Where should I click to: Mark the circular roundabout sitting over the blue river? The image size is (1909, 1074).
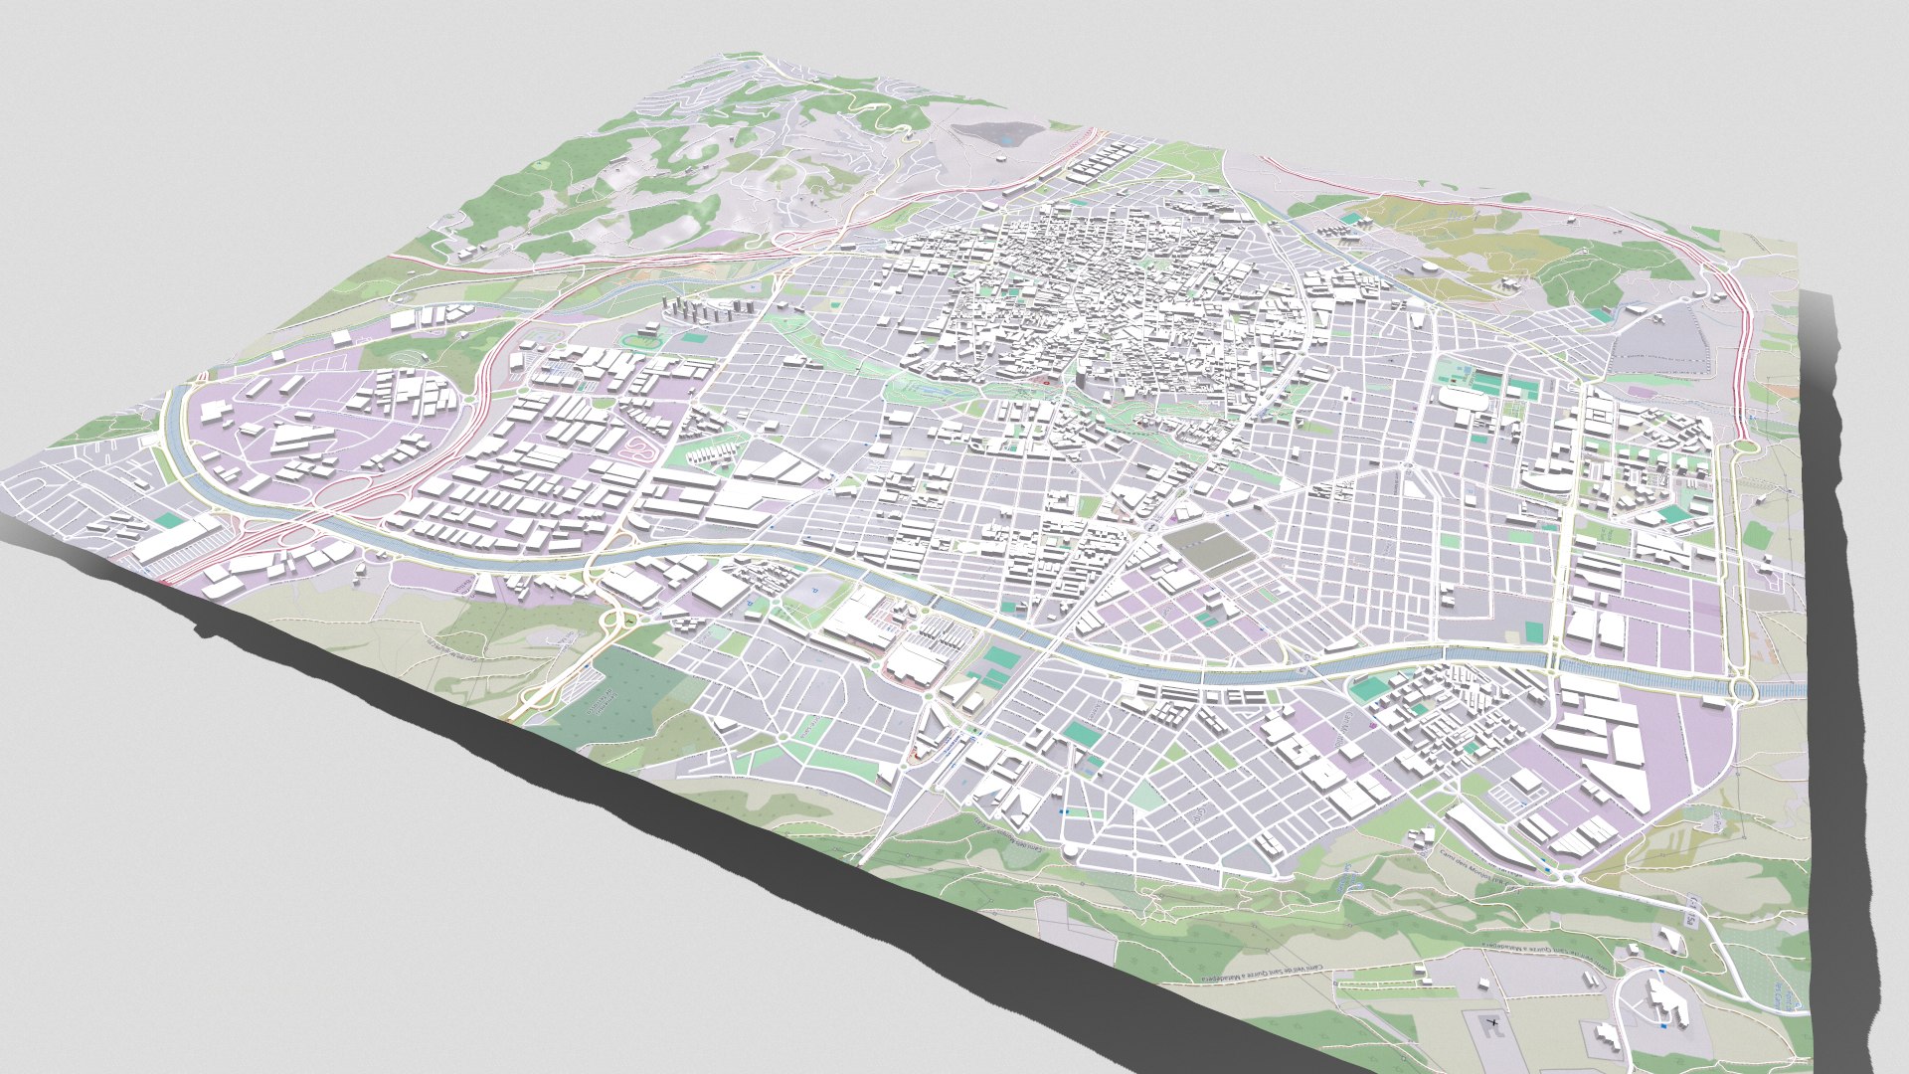coord(1742,688)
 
